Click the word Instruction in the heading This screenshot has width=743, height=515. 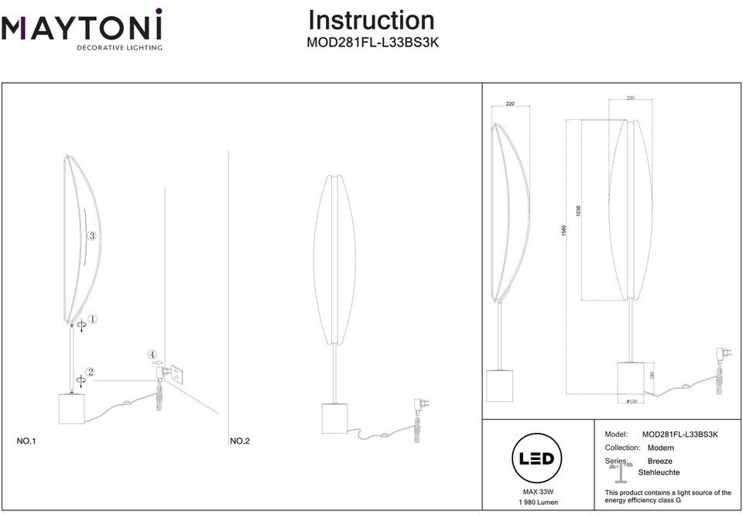point(371,21)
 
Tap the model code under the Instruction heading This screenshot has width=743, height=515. point(373,44)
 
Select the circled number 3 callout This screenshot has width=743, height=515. point(91,236)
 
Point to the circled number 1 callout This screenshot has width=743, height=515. point(92,319)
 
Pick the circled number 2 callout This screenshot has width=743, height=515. point(91,372)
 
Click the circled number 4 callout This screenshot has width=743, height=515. point(152,355)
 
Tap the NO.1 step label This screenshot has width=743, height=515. point(27,441)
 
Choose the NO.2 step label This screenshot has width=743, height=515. point(240,441)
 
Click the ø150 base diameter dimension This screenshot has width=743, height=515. point(632,401)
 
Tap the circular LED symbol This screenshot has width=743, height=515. point(535,458)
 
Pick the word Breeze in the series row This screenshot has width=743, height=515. point(659,461)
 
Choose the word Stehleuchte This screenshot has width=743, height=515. point(659,472)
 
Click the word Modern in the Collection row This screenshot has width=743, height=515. point(660,448)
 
